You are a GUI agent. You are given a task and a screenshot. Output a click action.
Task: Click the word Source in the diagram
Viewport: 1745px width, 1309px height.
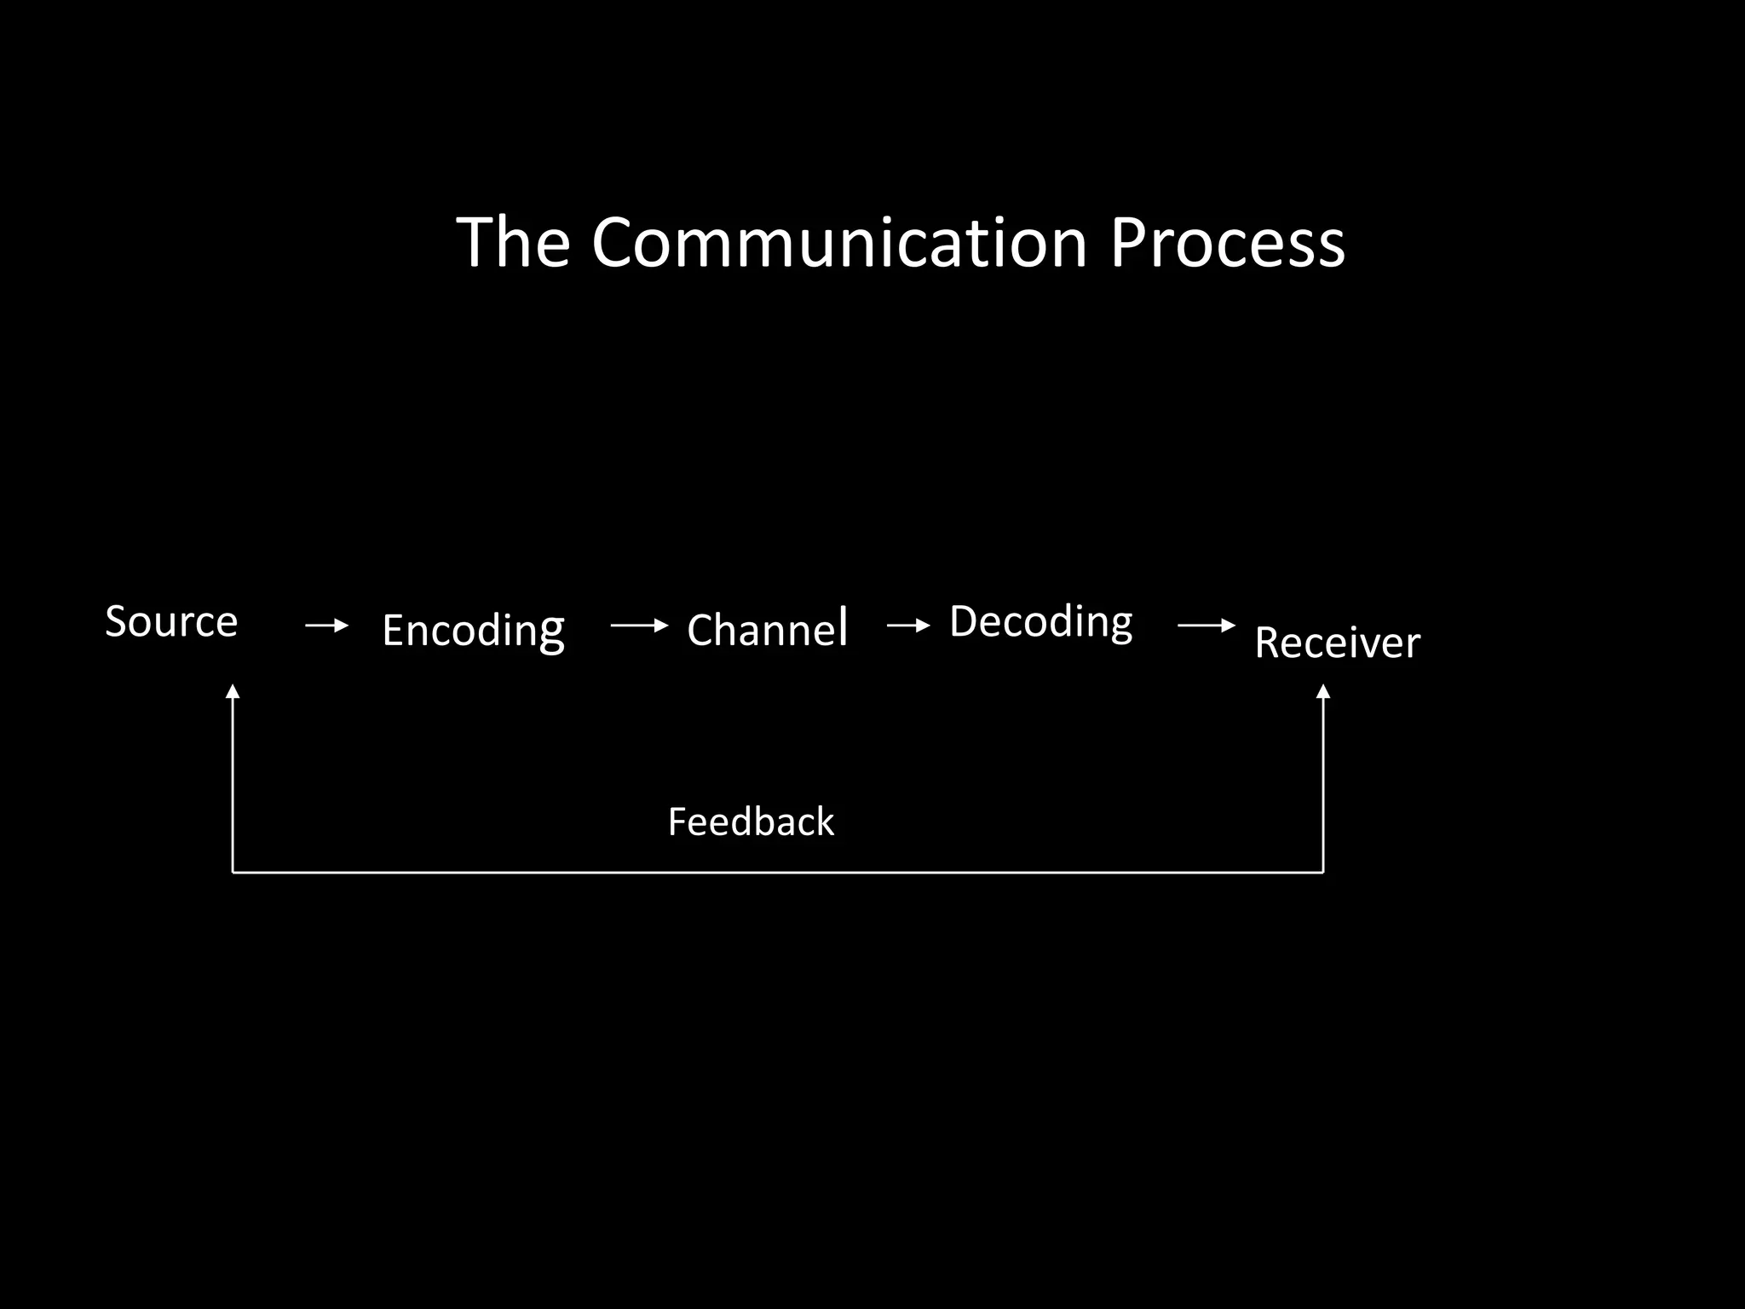pos(171,621)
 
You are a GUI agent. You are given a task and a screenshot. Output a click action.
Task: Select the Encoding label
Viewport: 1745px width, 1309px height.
pos(473,631)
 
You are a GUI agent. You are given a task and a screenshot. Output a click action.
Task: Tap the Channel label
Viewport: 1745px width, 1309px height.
pos(767,630)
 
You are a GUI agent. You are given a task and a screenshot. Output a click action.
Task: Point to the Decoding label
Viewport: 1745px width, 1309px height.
pos(1040,621)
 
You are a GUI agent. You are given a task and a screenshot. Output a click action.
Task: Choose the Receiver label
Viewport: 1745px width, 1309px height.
pos(1337,643)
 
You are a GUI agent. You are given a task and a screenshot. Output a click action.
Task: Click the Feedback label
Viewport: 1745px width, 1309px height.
pos(751,822)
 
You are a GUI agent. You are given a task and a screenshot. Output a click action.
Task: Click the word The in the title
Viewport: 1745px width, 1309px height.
pos(513,243)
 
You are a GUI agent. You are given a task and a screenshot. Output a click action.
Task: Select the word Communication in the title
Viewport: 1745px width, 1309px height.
pos(839,243)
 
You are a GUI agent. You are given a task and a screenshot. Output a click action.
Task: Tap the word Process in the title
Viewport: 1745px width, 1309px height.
pos(1227,243)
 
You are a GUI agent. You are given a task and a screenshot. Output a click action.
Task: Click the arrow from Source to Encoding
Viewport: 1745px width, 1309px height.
pos(327,626)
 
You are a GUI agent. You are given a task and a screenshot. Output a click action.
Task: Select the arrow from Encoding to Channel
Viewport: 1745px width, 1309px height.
pos(639,626)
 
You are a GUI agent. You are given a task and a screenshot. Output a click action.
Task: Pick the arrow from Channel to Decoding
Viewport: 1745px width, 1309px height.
pos(908,626)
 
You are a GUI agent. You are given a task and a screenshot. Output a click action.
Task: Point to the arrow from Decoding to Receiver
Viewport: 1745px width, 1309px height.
pos(1206,626)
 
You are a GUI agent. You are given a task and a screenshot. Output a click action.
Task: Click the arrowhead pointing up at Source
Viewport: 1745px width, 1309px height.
pos(233,691)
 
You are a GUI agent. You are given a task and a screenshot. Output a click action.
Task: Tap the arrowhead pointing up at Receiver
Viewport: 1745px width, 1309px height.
pos(1323,691)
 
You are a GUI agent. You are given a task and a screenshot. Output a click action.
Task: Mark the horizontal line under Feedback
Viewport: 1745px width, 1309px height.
pos(777,873)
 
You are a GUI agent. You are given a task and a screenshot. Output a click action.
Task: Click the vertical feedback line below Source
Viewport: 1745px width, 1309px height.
pos(233,784)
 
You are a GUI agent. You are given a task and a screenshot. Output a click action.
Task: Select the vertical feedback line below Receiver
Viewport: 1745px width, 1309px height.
pos(1323,784)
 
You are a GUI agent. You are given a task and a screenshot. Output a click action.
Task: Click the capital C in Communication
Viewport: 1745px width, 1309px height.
pos(615,243)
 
